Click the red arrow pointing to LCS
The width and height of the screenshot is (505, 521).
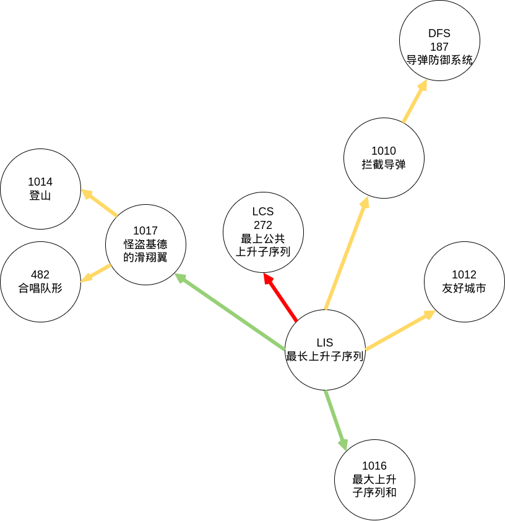[280, 297]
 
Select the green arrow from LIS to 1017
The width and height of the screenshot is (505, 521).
[230, 312]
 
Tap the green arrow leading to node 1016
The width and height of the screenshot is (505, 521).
[336, 420]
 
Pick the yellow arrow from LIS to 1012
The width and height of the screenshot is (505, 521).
[400, 330]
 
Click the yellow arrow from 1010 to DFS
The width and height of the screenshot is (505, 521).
[415, 101]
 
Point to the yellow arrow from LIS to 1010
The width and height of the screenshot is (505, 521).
[347, 253]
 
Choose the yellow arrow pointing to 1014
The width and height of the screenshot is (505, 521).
[100, 203]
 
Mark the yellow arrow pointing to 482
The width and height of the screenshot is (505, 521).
[96, 273]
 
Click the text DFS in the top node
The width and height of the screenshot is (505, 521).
[439, 33]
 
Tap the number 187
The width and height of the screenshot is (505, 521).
[439, 47]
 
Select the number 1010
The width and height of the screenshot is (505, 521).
[384, 151]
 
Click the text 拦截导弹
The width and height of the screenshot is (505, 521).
[384, 165]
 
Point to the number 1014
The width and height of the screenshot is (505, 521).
[40, 182]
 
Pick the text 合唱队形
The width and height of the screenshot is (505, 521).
[40, 288]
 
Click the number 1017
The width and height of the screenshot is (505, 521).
[145, 231]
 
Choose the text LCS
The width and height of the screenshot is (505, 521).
[263, 212]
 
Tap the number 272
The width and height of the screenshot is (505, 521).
[263, 225]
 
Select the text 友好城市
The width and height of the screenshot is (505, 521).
[464, 288]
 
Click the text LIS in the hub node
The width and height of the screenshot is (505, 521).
[324, 343]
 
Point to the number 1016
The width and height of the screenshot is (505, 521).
[374, 466]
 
